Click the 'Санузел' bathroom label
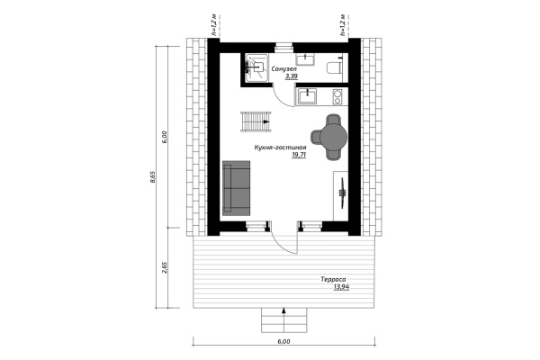[x=287, y=69]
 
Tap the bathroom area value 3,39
[x=292, y=77]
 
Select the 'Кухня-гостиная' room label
[x=281, y=147]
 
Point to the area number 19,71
[x=299, y=155]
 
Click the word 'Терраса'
[x=333, y=279]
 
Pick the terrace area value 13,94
[x=341, y=287]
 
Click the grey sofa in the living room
[x=237, y=186]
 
